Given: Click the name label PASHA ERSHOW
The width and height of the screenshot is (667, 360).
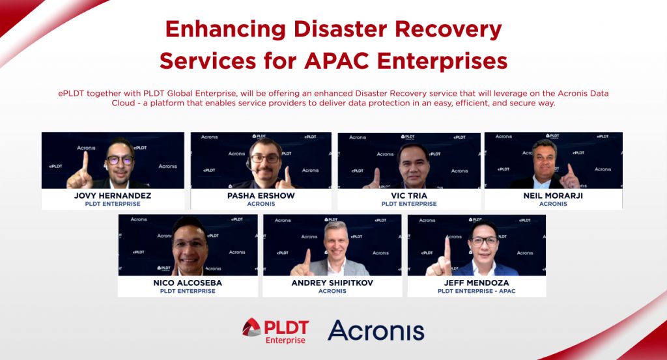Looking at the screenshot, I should point(261,195).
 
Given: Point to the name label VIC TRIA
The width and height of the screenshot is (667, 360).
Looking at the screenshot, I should point(408,195).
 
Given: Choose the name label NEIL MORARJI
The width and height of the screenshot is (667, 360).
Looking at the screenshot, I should point(553,195).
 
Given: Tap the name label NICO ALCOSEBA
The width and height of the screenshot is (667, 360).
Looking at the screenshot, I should point(188,283).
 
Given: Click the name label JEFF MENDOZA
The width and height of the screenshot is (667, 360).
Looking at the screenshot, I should point(477,283).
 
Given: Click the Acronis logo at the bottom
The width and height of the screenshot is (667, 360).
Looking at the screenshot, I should point(376,330).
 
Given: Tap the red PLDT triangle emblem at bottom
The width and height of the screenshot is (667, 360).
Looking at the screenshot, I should point(252,327).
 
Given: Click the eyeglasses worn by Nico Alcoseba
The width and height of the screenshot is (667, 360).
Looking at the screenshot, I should point(190,244).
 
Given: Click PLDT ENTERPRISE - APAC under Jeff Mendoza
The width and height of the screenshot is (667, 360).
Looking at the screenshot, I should point(477,291).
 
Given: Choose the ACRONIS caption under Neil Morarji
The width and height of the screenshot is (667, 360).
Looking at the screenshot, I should point(553,204).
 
